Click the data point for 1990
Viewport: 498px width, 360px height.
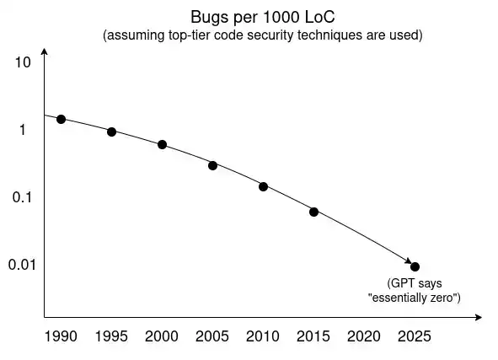tap(61, 120)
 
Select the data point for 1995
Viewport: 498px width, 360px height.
tap(111, 132)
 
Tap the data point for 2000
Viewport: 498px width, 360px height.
tap(162, 144)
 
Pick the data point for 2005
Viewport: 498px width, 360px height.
tap(213, 165)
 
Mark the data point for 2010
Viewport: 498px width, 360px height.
tap(263, 186)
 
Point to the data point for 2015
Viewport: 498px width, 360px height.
tap(313, 212)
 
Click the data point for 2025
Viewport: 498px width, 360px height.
tap(415, 267)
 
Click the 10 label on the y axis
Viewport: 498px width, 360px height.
tap(23, 62)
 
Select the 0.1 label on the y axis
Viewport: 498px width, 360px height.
tap(22, 197)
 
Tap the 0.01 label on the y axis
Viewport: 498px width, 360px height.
tap(22, 265)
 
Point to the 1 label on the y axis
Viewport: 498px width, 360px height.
tap(22, 130)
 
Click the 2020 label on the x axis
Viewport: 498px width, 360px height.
tap(364, 336)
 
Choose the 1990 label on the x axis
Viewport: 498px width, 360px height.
tap(61, 336)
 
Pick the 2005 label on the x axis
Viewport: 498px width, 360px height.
tap(212, 336)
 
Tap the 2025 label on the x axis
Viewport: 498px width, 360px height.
tap(415, 336)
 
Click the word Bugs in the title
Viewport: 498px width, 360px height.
tap(210, 18)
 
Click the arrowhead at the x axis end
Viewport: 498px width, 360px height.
tap(479, 317)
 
